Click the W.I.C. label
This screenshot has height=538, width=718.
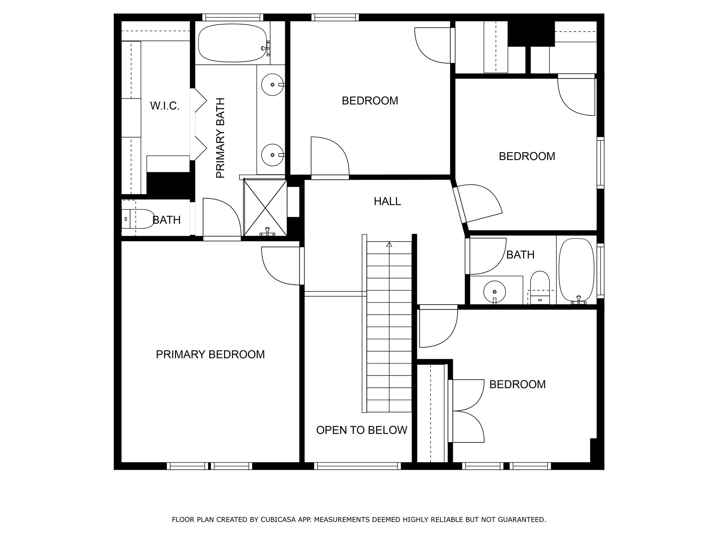click(x=165, y=106)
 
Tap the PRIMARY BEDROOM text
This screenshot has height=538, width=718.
click(x=210, y=354)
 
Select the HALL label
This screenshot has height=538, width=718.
click(x=387, y=201)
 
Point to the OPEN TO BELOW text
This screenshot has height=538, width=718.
click(x=361, y=430)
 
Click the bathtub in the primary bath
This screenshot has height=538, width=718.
click(x=232, y=43)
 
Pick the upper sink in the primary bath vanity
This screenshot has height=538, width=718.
click(x=272, y=85)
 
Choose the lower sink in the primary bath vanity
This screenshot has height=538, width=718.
click(x=272, y=155)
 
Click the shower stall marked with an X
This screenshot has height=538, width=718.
click(x=265, y=208)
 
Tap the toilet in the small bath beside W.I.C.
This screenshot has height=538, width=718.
click(x=138, y=219)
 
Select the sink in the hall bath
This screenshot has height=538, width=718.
click(x=494, y=291)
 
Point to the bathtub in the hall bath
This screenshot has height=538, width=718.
click(x=576, y=270)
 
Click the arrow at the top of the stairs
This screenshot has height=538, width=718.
click(x=389, y=244)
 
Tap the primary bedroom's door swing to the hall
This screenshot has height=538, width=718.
click(x=280, y=265)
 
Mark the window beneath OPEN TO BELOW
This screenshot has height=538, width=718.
click(x=357, y=466)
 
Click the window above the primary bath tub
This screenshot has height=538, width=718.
click(x=232, y=17)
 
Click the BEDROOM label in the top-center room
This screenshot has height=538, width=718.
click(x=370, y=101)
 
